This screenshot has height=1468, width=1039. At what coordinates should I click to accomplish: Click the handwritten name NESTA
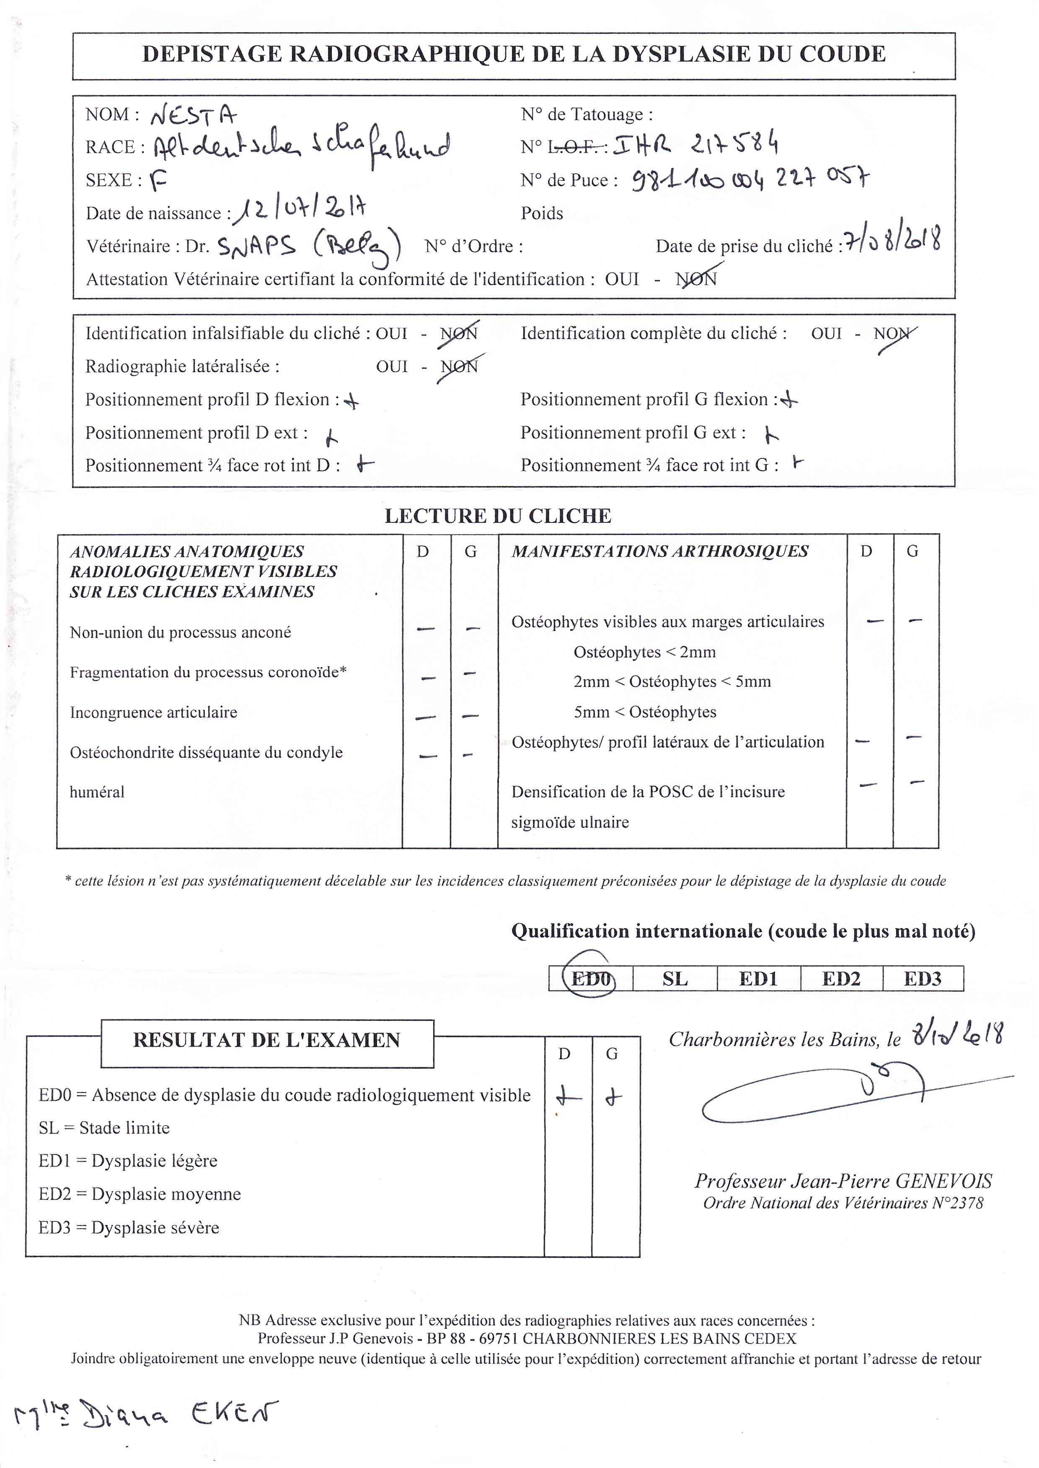click(193, 115)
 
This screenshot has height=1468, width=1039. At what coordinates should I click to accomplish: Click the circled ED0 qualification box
click(590, 978)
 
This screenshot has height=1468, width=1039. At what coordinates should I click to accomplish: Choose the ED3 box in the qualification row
click(923, 978)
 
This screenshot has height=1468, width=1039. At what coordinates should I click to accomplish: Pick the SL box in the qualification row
click(675, 978)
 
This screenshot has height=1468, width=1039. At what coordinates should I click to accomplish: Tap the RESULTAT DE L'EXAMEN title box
click(267, 1040)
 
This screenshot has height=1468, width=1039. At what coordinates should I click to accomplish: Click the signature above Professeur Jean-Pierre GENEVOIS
click(832, 1093)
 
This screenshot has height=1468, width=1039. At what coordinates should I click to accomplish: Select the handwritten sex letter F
click(158, 182)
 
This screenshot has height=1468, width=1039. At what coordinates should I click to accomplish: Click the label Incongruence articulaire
click(154, 712)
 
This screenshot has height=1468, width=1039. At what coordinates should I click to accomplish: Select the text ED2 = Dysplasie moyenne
click(140, 1194)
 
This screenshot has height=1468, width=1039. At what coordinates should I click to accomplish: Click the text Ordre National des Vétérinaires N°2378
click(843, 1203)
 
